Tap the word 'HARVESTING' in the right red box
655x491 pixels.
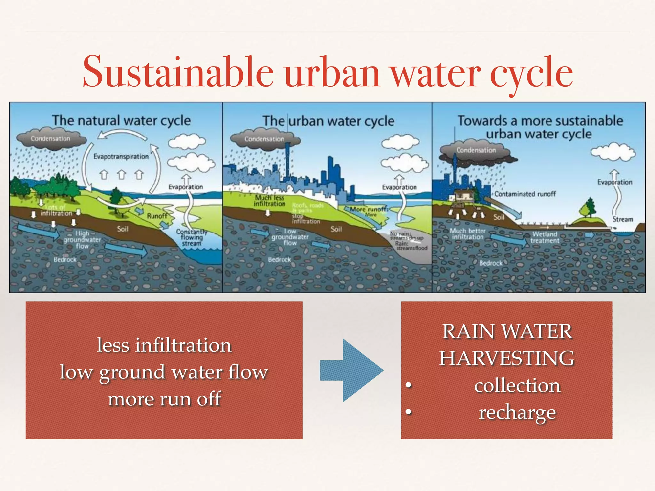pos(507,358)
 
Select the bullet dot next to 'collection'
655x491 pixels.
pos(408,385)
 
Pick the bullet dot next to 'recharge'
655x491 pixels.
pos(408,412)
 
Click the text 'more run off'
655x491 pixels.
pos(164,399)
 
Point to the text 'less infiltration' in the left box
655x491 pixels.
pos(164,345)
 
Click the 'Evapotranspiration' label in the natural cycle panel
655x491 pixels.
pos(121,157)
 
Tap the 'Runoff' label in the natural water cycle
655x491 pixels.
pos(157,216)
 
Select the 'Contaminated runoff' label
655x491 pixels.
pos(525,194)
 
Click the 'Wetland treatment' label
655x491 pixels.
pos(545,238)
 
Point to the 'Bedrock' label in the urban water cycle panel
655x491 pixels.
pos(279,260)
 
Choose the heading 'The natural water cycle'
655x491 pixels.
pos(121,121)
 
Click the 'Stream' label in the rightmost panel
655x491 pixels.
pos(622,219)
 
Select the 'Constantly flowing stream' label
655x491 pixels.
pos(192,238)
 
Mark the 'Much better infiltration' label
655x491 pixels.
pos(467,234)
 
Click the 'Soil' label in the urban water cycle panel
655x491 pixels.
pos(336,229)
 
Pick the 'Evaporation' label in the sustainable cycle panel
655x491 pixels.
pos(615,182)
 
